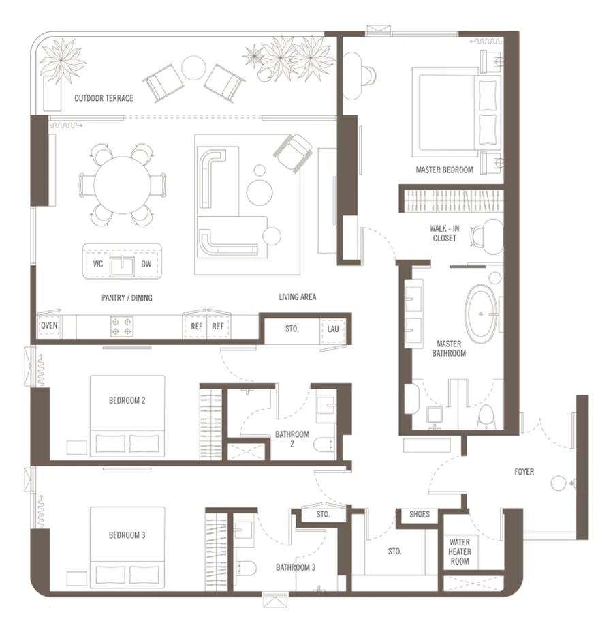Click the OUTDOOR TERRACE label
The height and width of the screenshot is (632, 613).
[104, 98]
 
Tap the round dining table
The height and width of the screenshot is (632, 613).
[123, 185]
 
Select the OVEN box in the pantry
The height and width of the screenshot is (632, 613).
[49, 326]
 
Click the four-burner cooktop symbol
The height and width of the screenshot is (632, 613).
[122, 327]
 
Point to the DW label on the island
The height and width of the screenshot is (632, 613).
[146, 264]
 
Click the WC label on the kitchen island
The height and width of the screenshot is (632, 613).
[98, 264]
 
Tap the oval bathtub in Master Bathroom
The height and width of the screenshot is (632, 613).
[482, 314]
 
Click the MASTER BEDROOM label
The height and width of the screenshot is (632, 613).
[445, 170]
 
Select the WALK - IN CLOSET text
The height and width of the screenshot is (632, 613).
[445, 233]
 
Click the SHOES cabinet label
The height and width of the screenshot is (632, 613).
[420, 514]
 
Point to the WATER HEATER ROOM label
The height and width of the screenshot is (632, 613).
[460, 552]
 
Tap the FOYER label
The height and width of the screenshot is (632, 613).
[524, 472]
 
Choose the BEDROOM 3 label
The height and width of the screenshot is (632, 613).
[127, 535]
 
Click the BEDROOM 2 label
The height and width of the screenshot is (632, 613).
[127, 401]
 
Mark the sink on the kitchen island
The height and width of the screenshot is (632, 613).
[123, 266]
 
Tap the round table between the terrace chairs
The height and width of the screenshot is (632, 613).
[193, 67]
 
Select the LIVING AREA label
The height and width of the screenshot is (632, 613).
[298, 297]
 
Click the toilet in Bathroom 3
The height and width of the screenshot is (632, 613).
[246, 569]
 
